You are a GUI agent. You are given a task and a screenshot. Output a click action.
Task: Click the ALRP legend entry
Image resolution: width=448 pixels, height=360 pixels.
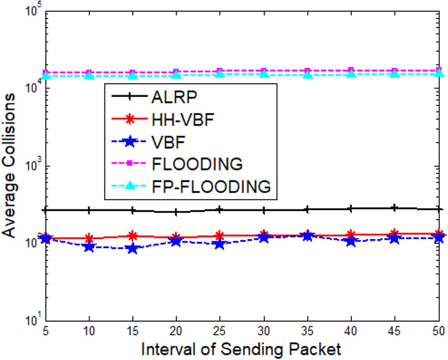(x=174, y=96)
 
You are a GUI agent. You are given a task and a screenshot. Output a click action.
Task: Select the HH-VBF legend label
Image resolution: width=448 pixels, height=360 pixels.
(x=183, y=119)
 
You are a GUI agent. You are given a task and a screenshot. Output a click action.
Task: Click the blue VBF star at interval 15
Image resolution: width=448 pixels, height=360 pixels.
(x=133, y=249)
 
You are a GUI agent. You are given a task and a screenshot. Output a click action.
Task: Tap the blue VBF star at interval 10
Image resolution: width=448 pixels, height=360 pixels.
(x=89, y=247)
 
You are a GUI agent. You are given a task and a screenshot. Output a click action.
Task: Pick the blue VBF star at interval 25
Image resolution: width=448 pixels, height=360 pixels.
(x=220, y=244)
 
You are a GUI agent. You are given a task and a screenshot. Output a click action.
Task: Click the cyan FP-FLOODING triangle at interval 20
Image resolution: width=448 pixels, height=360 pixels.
(x=176, y=75)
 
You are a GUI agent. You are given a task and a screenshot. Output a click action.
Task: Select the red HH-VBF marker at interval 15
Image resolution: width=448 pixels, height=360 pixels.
(x=133, y=236)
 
